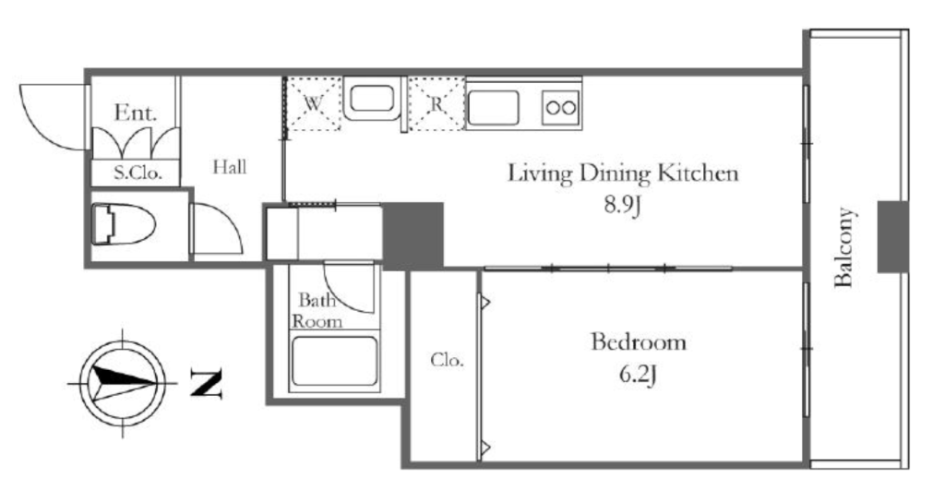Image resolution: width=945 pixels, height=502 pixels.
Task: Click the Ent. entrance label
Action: (x=135, y=113)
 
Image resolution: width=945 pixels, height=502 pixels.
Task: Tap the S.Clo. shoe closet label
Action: (x=138, y=173)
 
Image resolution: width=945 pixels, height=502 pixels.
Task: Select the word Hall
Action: (x=230, y=166)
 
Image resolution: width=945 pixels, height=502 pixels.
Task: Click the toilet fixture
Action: (x=124, y=224)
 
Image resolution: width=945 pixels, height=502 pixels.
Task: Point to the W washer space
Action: (x=314, y=103)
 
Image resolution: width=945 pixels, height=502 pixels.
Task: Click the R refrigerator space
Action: (x=437, y=103)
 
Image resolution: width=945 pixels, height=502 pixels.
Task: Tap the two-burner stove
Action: (x=561, y=108)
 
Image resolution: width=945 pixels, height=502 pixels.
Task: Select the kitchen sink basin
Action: (x=494, y=107)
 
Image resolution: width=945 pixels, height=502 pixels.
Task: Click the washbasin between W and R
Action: (x=372, y=99)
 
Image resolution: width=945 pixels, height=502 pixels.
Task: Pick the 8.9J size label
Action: (x=622, y=206)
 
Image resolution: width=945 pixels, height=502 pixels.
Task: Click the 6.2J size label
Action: (x=638, y=375)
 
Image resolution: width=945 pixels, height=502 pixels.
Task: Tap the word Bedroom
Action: (x=639, y=341)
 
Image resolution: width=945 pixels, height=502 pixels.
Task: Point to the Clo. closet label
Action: (x=448, y=361)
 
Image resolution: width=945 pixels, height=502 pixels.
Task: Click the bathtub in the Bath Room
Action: (x=334, y=362)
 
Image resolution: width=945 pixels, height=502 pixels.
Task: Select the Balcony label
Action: (x=843, y=247)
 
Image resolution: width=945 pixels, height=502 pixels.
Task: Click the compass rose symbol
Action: (x=123, y=383)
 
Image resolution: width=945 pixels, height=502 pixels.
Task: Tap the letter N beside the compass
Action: (x=206, y=383)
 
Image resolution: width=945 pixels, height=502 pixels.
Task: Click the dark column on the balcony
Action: (x=892, y=237)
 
